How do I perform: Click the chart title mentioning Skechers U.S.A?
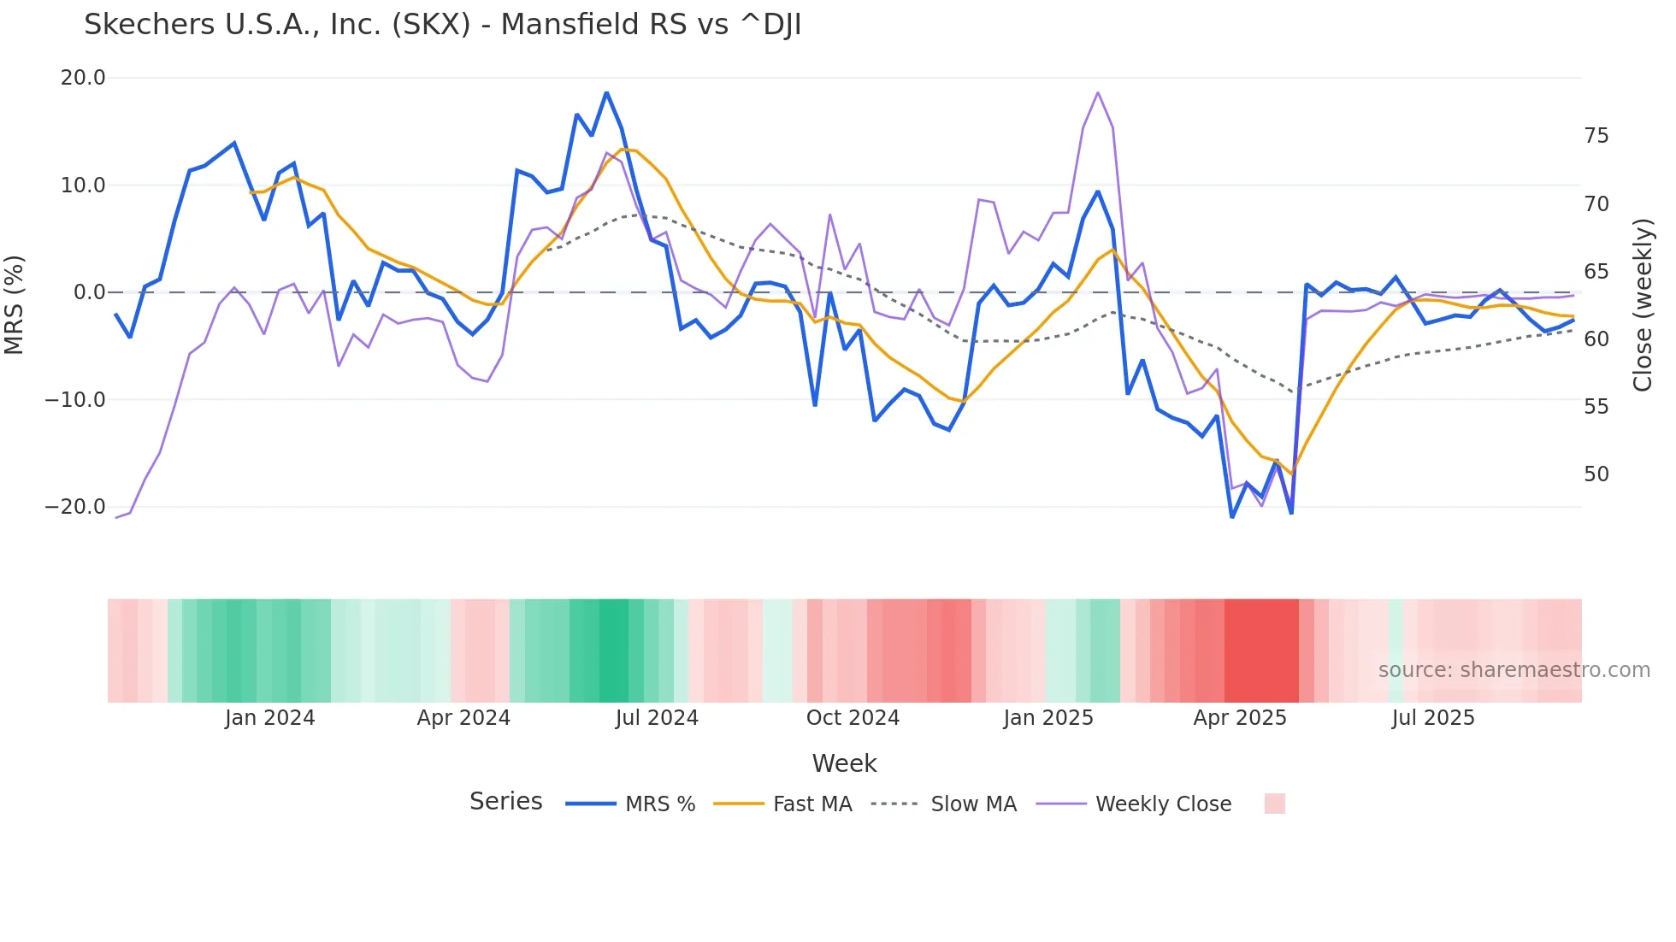442,25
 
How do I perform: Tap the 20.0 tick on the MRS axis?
83,78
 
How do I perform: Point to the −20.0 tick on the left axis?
75,507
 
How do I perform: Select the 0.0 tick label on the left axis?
89,292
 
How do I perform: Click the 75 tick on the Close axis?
1596,136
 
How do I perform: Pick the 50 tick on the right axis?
1596,474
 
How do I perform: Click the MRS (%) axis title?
15,304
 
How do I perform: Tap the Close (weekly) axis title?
1642,305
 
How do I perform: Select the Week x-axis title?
844,763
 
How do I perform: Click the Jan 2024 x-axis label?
269,718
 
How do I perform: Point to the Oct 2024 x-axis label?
853,718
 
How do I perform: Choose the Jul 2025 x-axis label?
1433,718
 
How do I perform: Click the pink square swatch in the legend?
1274,804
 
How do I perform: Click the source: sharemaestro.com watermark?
1514,670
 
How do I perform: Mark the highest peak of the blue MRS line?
606,92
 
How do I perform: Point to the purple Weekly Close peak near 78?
1098,92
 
